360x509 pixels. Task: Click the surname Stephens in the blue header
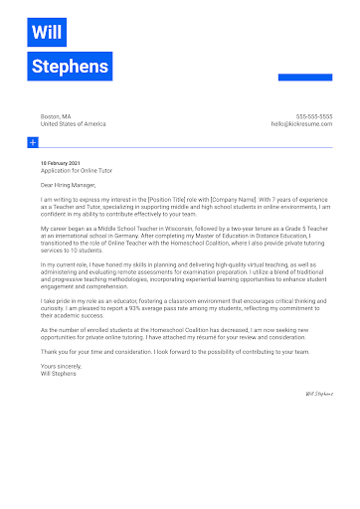coord(70,67)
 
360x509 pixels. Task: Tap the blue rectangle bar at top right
coord(304,77)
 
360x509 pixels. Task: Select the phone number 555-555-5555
coord(313,116)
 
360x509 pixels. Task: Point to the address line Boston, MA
coord(57,116)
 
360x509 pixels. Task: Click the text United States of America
coord(73,124)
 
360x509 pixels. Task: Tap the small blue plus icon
coord(33,144)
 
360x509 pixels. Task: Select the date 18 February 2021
coord(62,162)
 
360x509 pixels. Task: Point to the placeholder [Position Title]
coord(168,200)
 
